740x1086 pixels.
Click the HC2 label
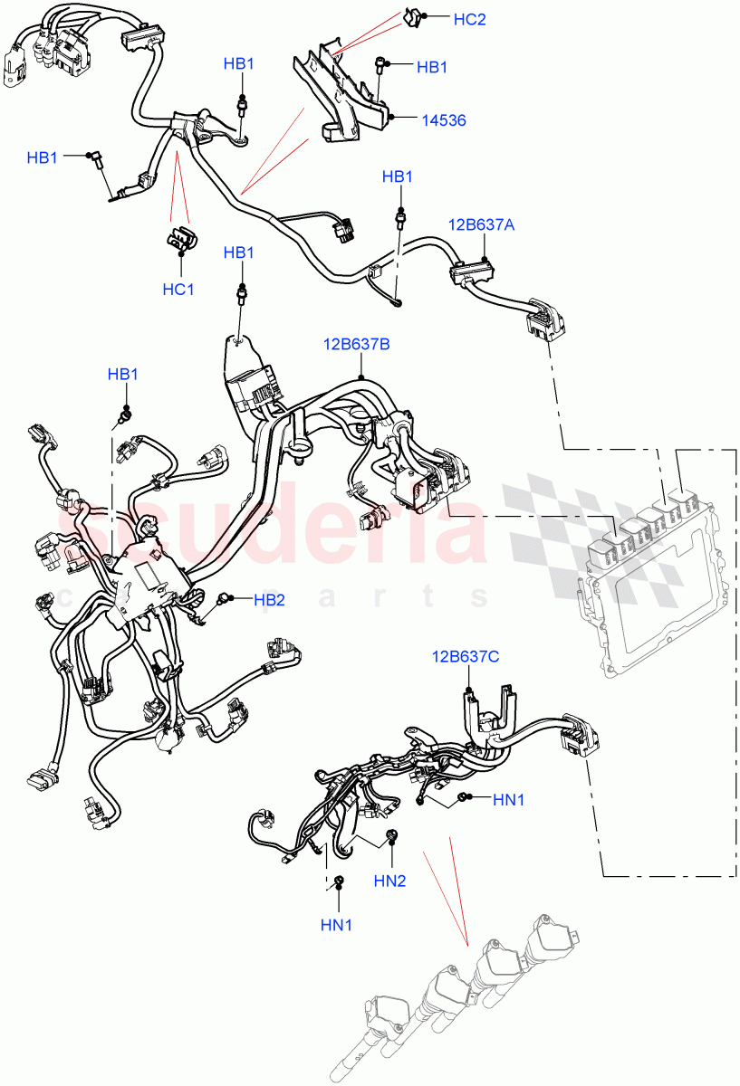click(470, 19)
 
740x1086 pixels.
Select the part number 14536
click(444, 119)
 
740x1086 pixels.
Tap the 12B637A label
click(482, 225)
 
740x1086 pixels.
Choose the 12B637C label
click(466, 656)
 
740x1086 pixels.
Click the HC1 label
click(178, 290)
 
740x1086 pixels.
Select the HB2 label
click(269, 599)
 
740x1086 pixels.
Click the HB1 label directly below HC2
click(432, 67)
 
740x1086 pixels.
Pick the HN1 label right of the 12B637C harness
click(508, 799)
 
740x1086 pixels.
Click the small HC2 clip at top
click(412, 16)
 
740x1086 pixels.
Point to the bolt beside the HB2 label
click(226, 598)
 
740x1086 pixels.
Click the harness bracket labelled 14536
click(344, 90)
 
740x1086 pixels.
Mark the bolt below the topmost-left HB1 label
click(242, 106)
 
